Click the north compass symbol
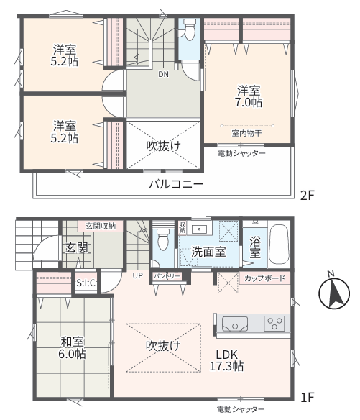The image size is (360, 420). click(334, 293)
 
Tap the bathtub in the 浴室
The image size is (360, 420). click(279, 245)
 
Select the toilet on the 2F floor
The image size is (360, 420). click(189, 29)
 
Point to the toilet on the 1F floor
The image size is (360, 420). click(162, 239)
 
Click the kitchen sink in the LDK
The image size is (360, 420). click(234, 324)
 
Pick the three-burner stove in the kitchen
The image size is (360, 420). click(274, 324)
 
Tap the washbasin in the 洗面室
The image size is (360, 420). click(200, 229)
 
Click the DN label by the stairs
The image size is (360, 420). click(164, 74)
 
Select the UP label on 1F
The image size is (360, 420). click(137, 275)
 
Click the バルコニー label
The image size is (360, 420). click(176, 184)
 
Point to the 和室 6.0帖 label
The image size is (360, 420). click(73, 347)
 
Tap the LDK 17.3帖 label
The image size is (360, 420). click(226, 360)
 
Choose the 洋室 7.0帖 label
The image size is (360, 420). click(249, 96)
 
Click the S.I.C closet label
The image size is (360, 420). click(86, 283)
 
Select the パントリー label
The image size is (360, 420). click(167, 276)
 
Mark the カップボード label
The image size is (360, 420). click(264, 278)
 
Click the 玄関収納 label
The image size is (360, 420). click(101, 226)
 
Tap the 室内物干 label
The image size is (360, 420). click(246, 133)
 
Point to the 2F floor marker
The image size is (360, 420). click(307, 195)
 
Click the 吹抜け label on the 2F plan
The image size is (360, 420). click(164, 146)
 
